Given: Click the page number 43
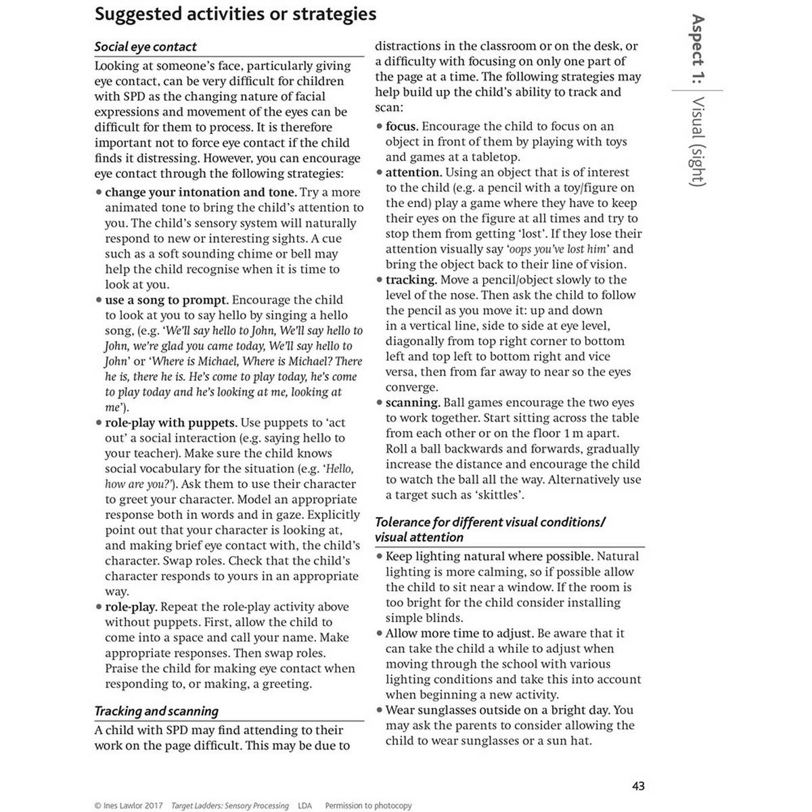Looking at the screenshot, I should [638, 786].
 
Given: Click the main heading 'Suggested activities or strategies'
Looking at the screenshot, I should [235, 14].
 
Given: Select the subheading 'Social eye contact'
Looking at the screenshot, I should [145, 47].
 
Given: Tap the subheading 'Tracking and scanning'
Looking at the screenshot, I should [156, 711].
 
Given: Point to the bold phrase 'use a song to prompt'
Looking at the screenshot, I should [166, 300].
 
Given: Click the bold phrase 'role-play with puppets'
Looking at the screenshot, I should [171, 423].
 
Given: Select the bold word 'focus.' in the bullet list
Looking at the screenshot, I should [402, 127].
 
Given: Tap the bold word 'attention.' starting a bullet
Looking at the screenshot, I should [413, 173].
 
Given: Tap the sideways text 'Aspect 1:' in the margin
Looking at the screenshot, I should [698, 49].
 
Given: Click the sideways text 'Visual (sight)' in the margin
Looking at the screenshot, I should [698, 141].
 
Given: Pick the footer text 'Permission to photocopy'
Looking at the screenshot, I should [368, 806].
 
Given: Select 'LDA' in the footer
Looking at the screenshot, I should [304, 806].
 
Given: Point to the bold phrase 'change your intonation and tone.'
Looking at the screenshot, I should [201, 192].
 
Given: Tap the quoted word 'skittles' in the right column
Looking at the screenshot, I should [499, 495].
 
